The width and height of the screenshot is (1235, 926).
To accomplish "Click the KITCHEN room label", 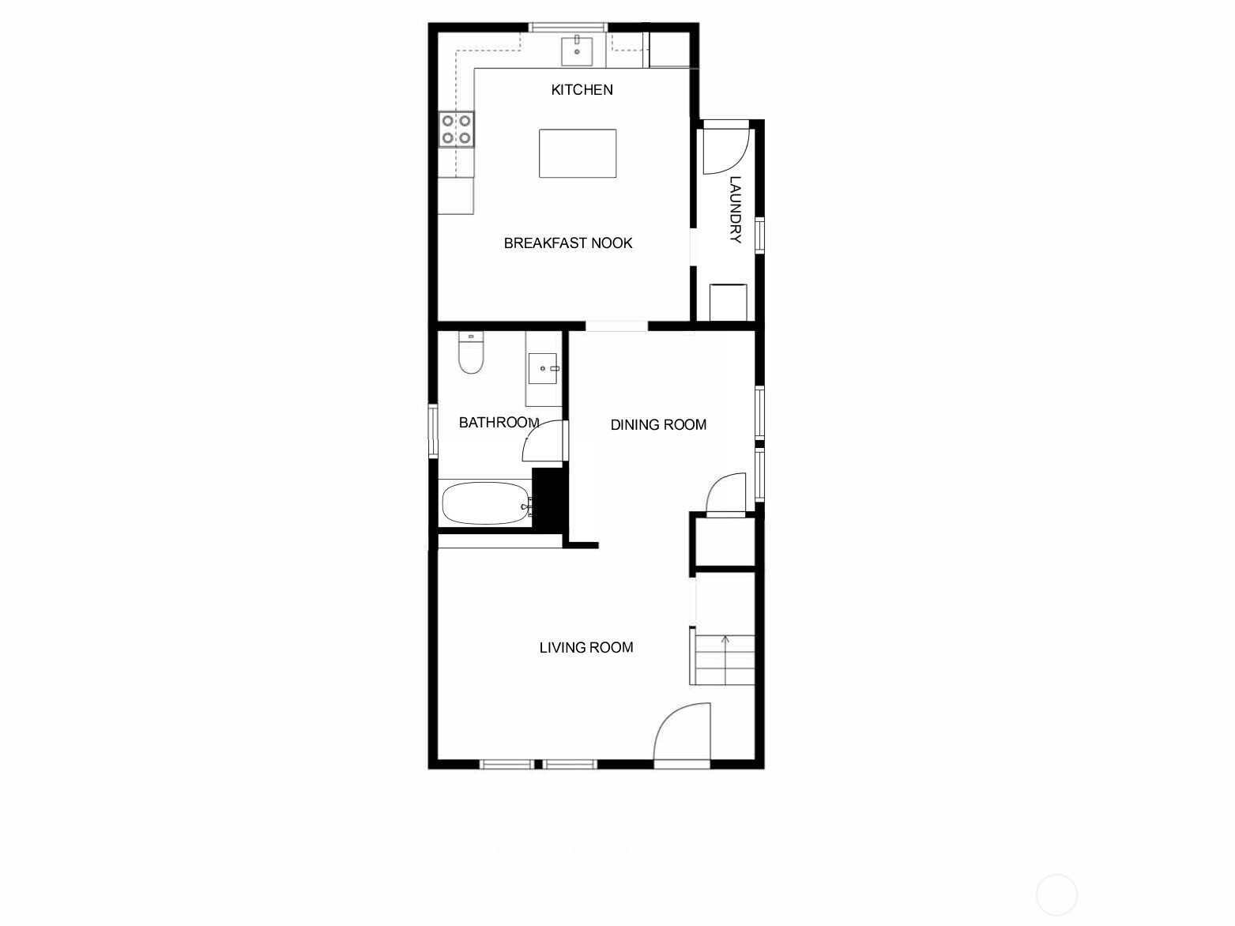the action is (582, 89).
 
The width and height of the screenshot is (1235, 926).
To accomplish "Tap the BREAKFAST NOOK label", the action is (568, 243).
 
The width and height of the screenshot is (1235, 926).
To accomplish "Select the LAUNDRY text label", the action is (736, 209).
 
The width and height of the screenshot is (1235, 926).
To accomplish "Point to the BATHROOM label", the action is (499, 423).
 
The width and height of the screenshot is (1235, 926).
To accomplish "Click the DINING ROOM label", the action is (658, 425).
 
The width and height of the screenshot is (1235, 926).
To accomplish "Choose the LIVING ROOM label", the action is (586, 648).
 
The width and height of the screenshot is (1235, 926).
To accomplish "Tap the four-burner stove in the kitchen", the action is (456, 130).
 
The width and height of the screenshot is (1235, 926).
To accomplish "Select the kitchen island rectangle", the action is (578, 153).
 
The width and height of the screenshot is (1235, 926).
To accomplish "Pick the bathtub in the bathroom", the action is (486, 503).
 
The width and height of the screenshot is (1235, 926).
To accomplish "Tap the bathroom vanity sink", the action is (543, 368).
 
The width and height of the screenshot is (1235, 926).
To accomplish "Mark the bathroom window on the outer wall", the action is (433, 431).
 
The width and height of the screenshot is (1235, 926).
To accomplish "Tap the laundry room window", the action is (759, 235).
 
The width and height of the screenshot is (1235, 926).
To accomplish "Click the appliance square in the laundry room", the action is (728, 303).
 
